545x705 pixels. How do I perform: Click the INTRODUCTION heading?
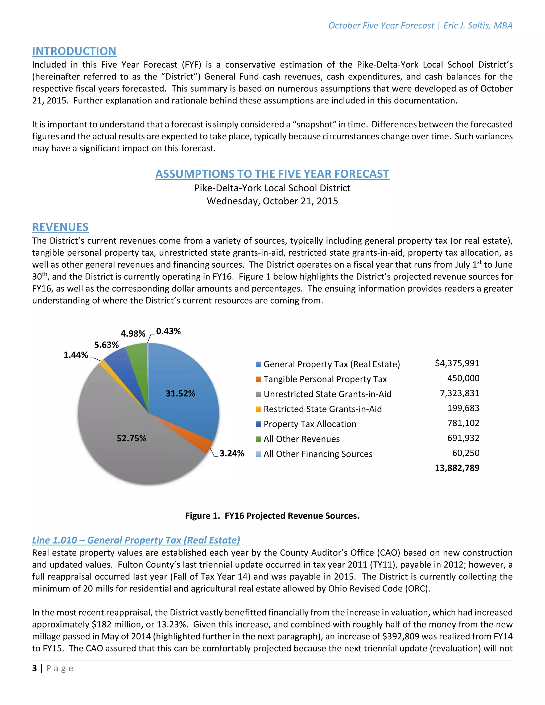coord(74,51)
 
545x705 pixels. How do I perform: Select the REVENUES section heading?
coord(60,227)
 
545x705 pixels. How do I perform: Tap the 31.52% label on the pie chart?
coord(180,393)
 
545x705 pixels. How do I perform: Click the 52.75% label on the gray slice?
coord(131,438)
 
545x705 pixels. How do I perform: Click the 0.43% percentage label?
coord(168,331)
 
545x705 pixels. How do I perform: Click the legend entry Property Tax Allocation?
coord(310,424)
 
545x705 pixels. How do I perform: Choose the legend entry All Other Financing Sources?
coord(318,454)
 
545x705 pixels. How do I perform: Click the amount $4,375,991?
coord(457,363)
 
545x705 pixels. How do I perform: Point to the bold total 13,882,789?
coord(457,468)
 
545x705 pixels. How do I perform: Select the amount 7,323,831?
coord(459,393)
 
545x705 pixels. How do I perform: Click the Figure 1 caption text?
coord(272,516)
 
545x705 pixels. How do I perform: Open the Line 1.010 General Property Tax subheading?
coord(136,540)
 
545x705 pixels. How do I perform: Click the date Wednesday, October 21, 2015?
coord(272,201)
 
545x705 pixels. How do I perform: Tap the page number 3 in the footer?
coord(34,668)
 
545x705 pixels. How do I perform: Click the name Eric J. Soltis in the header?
coord(466,26)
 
